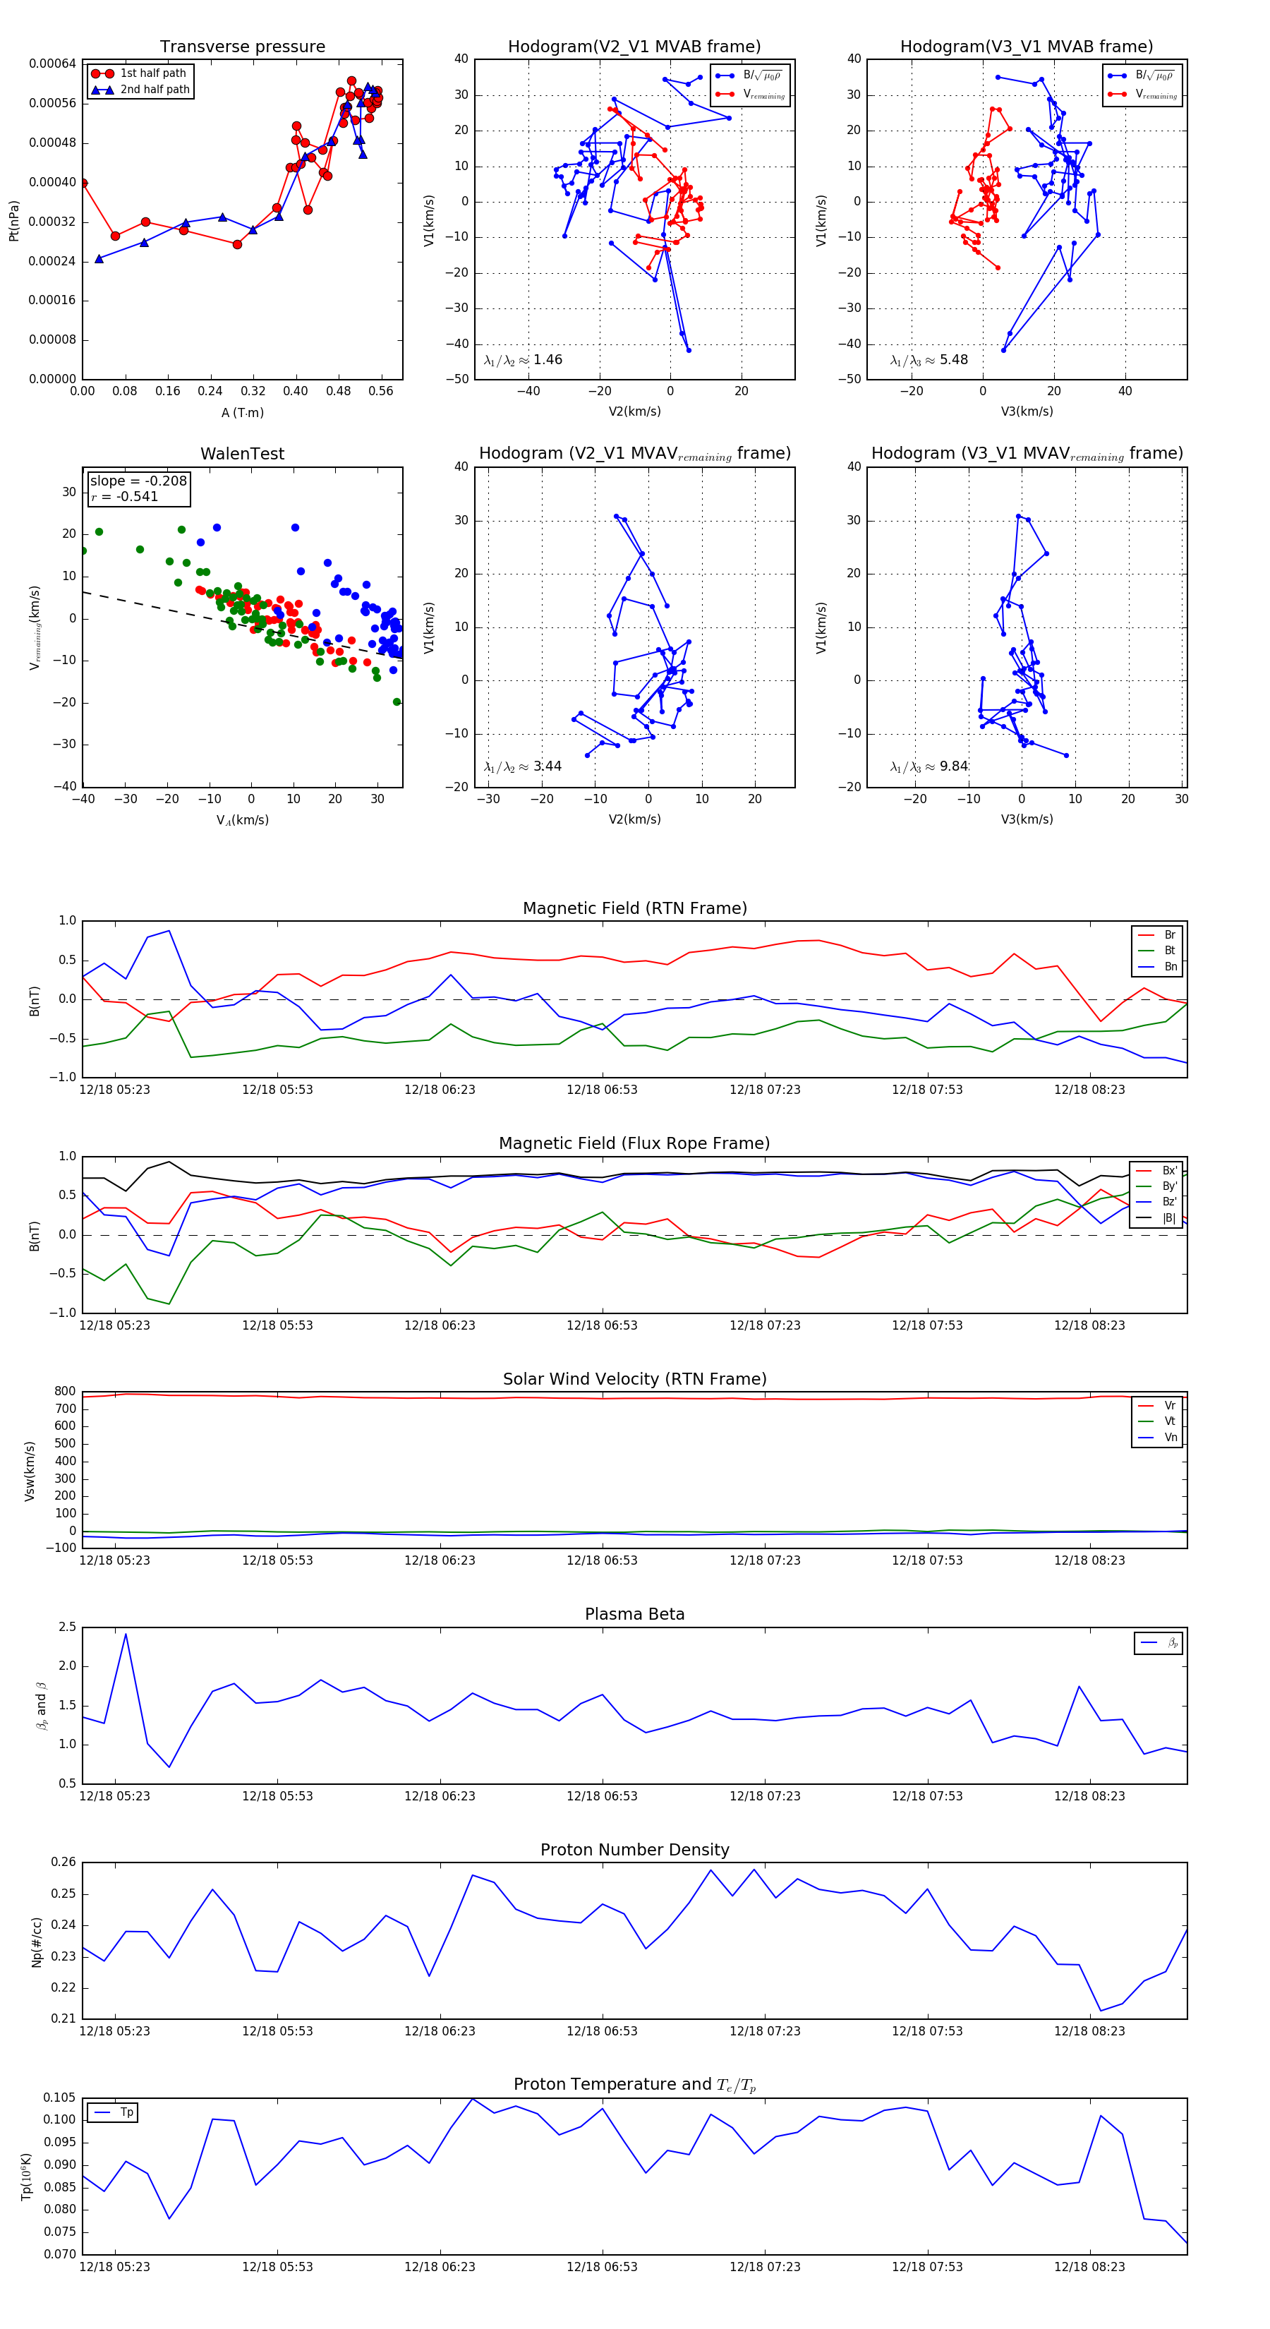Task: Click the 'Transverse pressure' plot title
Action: pos(242,47)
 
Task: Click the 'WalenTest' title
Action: pos(242,454)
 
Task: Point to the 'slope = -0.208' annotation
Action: pos(138,481)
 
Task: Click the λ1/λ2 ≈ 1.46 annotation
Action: pos(524,360)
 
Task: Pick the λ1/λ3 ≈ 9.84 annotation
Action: pos(929,766)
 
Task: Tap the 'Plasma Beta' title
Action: pos(634,1615)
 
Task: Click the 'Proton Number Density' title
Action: pos(634,1850)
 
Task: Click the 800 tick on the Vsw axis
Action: pos(65,1392)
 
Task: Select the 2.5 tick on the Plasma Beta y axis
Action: pos(68,1627)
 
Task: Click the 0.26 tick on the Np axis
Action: pos(64,1862)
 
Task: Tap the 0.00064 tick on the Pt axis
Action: pos(52,64)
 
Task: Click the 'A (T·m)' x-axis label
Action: pos(242,413)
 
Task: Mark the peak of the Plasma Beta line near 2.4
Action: pos(126,1634)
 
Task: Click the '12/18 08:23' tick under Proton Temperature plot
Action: pos(1089,2267)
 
